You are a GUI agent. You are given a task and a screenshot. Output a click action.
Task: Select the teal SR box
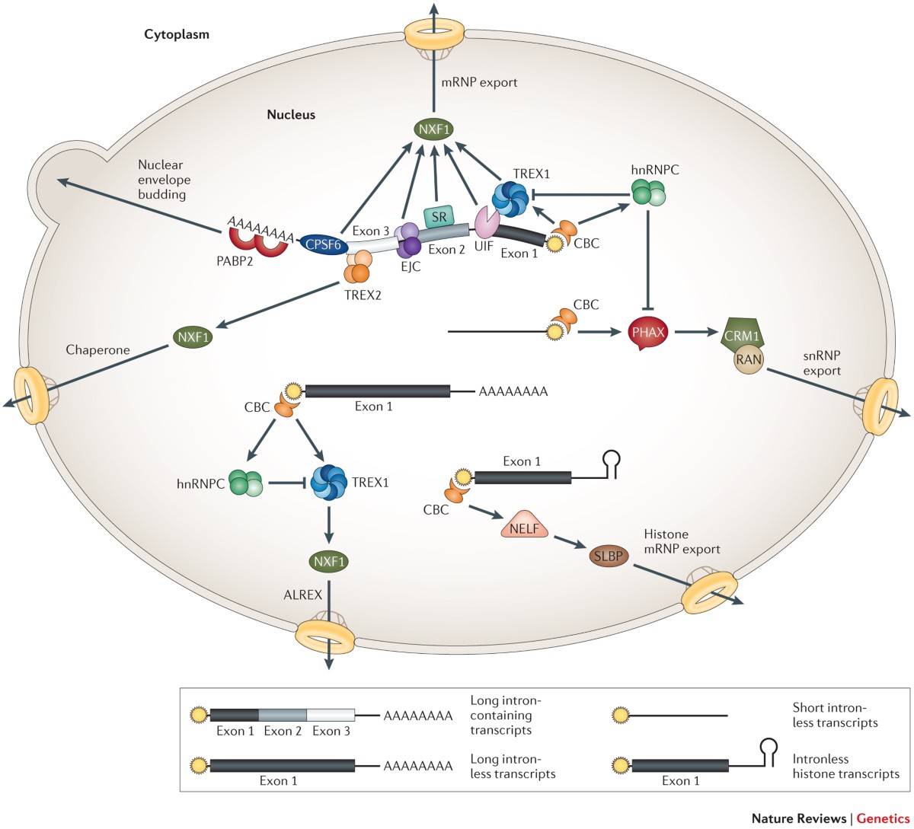[x=439, y=218]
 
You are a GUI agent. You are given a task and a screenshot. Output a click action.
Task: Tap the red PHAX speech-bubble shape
[x=649, y=333]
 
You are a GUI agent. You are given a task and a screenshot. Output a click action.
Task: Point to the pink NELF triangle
[x=525, y=524]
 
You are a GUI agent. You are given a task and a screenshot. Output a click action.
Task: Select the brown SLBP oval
[x=609, y=556]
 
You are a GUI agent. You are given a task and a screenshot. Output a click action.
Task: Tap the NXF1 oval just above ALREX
[x=328, y=563]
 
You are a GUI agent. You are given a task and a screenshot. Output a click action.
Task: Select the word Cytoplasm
[x=177, y=34]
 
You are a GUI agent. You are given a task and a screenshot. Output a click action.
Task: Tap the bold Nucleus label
[x=290, y=115]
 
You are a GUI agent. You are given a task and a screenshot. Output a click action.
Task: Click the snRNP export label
[x=822, y=363]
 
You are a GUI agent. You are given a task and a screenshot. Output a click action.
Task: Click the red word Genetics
[x=882, y=818]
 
